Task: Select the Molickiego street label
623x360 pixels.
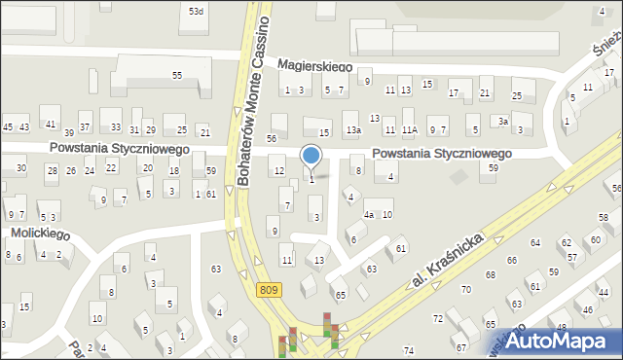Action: pyautogui.click(x=37, y=234)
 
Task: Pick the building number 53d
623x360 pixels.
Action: pyautogui.click(x=197, y=11)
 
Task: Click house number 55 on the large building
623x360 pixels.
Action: pyautogui.click(x=177, y=75)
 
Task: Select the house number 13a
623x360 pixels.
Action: pyautogui.click(x=355, y=129)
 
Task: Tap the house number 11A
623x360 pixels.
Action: pyautogui.click(x=410, y=129)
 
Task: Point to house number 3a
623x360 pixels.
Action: pyautogui.click(x=503, y=120)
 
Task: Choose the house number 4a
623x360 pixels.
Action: pyautogui.click(x=369, y=214)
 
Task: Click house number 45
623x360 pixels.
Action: pyautogui.click(x=9, y=126)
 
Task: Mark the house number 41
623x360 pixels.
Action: pyautogui.click(x=51, y=126)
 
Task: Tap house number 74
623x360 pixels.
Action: pyautogui.click(x=409, y=350)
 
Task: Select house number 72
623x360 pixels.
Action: pyautogui.click(x=438, y=319)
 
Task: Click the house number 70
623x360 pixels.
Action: pyautogui.click(x=466, y=290)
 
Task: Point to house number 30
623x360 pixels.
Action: pyautogui.click(x=20, y=168)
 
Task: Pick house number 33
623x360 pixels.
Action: pyautogui.click(x=116, y=126)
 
